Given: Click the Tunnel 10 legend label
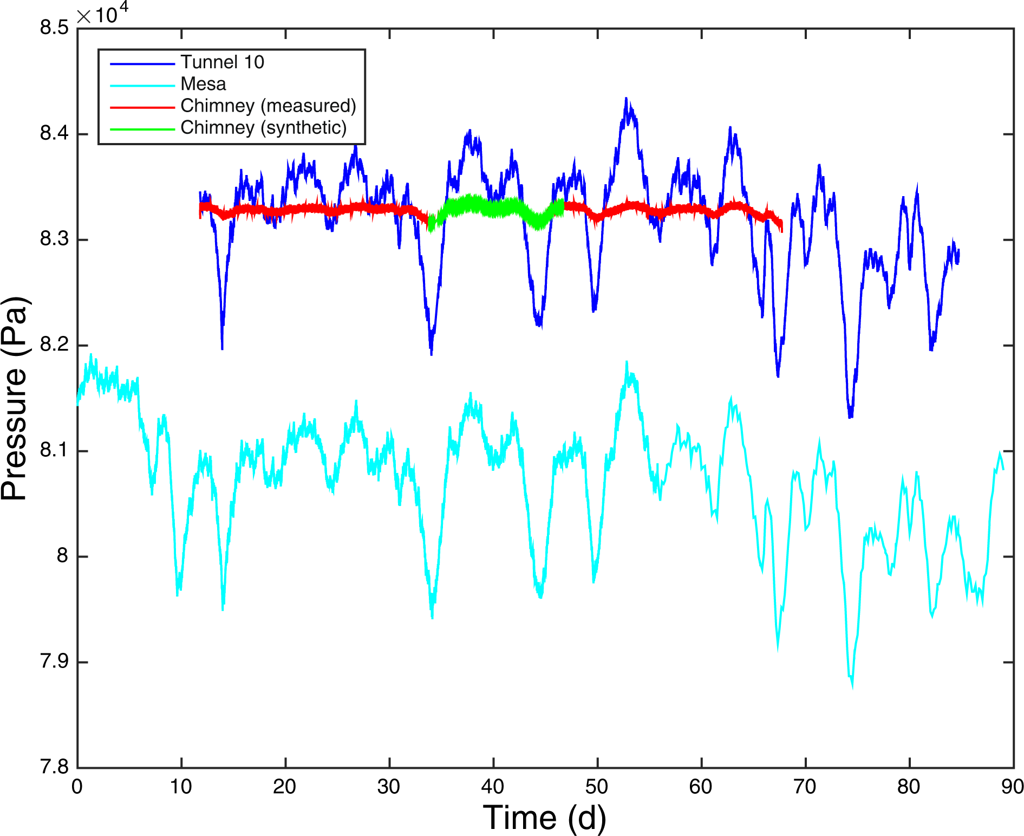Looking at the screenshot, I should [222, 62].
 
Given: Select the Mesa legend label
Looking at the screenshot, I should [203, 84].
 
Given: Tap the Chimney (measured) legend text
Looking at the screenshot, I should [268, 106].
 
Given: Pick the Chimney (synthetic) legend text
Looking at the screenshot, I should [263, 127].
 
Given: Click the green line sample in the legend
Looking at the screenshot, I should [142, 129].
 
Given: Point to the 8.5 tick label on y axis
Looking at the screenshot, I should [54, 27].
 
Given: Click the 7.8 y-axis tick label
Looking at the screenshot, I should [54, 767].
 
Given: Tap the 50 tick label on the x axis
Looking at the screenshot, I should [597, 786].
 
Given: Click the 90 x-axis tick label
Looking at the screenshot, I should [1012, 786].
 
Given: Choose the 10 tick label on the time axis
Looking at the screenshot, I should [181, 786].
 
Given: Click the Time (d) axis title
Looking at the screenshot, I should [544, 817].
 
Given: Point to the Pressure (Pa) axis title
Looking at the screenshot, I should [15, 398].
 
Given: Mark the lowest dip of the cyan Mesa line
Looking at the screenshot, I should [852, 686].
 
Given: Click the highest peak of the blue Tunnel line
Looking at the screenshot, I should [626, 99].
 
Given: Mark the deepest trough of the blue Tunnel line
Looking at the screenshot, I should [850, 416].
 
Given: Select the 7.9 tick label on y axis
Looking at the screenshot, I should [54, 661].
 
